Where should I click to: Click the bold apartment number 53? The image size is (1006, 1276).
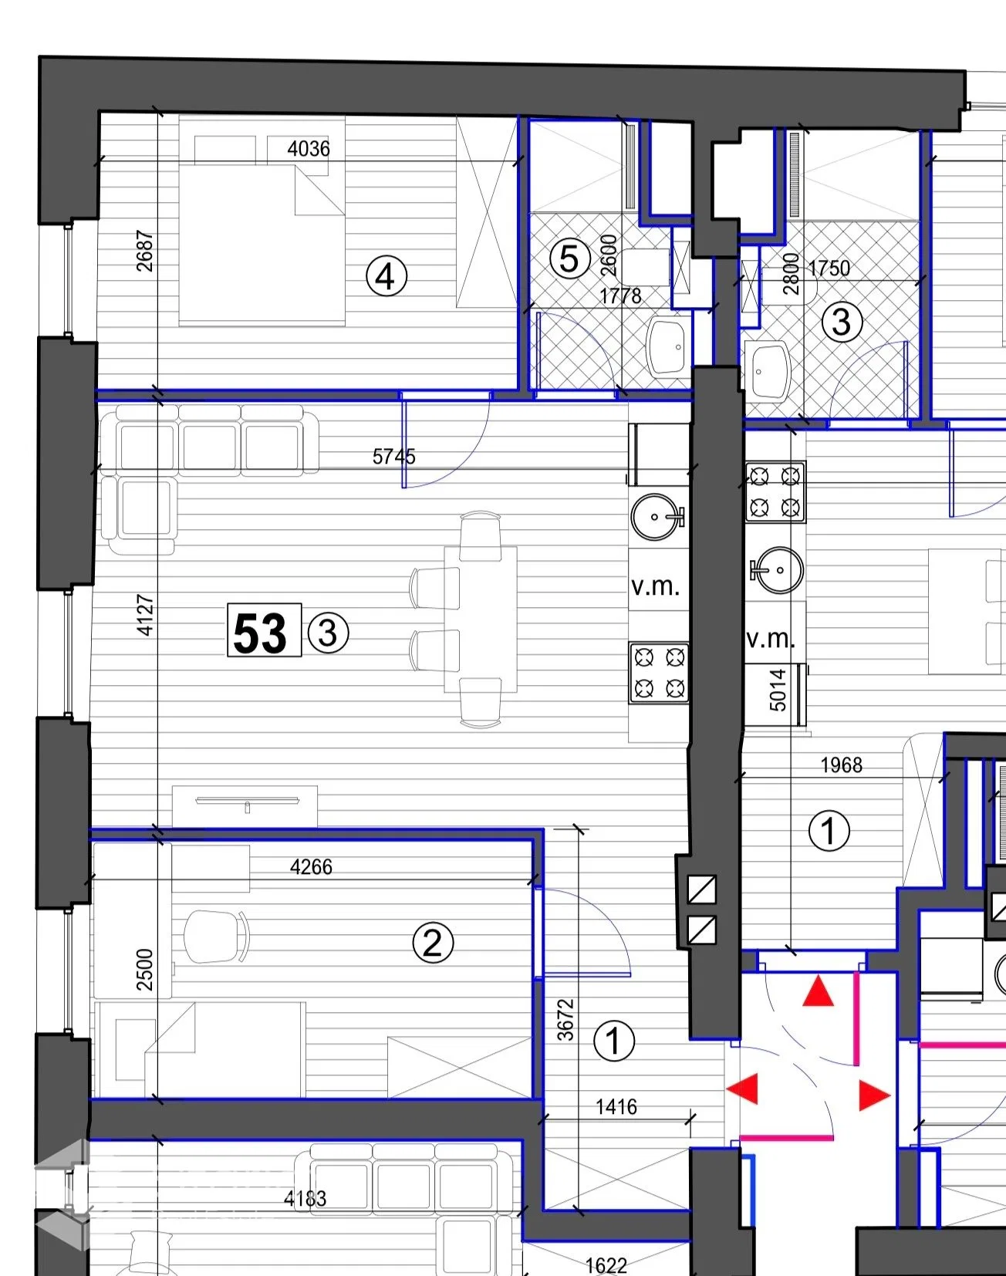(260, 633)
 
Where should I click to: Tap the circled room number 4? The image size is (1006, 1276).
(386, 275)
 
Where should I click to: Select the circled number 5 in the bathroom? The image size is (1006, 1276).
(569, 258)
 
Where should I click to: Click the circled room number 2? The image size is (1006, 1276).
(433, 943)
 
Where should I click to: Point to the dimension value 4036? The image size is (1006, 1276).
(309, 148)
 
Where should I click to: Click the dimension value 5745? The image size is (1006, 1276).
(394, 457)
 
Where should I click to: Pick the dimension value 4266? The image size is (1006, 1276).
(311, 867)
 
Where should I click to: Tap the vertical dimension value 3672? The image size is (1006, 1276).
(566, 1020)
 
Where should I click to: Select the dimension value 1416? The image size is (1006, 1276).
(616, 1107)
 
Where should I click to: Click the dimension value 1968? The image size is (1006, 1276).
(841, 765)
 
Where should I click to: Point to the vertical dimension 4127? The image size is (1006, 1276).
(145, 615)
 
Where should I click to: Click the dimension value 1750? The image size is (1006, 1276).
(829, 268)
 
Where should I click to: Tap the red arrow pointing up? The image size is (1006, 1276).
(818, 991)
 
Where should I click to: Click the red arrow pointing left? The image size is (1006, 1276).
(743, 1089)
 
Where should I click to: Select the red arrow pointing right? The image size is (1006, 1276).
(875, 1095)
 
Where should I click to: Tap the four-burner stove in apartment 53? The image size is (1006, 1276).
(659, 673)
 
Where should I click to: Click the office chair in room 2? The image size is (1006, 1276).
(217, 937)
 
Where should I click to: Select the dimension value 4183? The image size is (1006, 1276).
(305, 1198)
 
